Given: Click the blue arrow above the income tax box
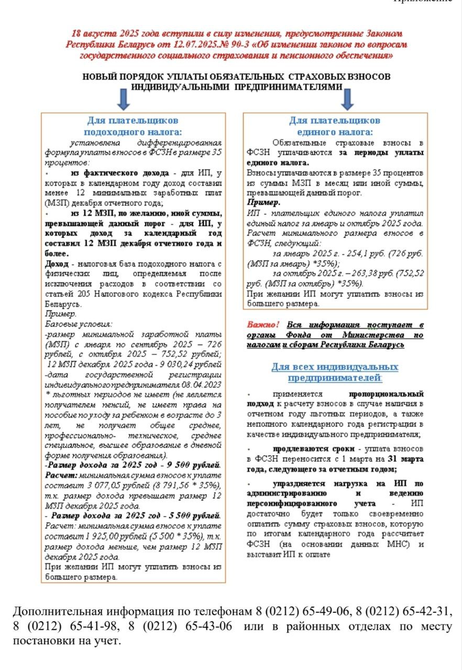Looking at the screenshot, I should (x=124, y=99).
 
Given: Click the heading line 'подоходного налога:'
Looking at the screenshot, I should (x=133, y=132).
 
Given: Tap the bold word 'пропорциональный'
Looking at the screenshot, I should (x=386, y=393).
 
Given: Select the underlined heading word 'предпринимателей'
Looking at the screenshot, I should (x=334, y=378).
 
